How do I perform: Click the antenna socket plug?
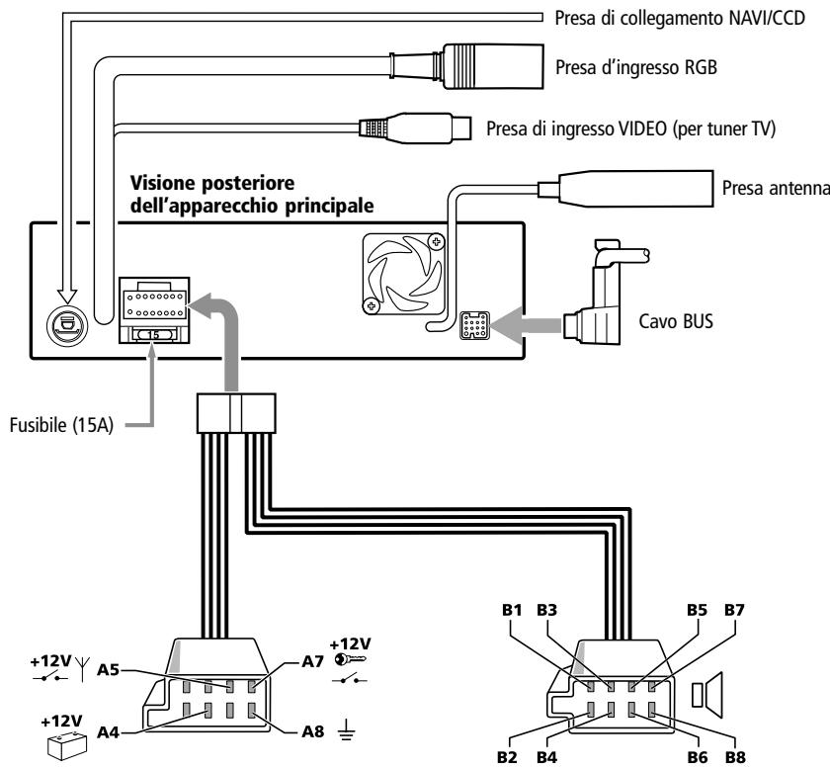click(x=633, y=188)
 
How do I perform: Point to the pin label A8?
click(x=313, y=732)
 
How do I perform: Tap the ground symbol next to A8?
click(x=345, y=732)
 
